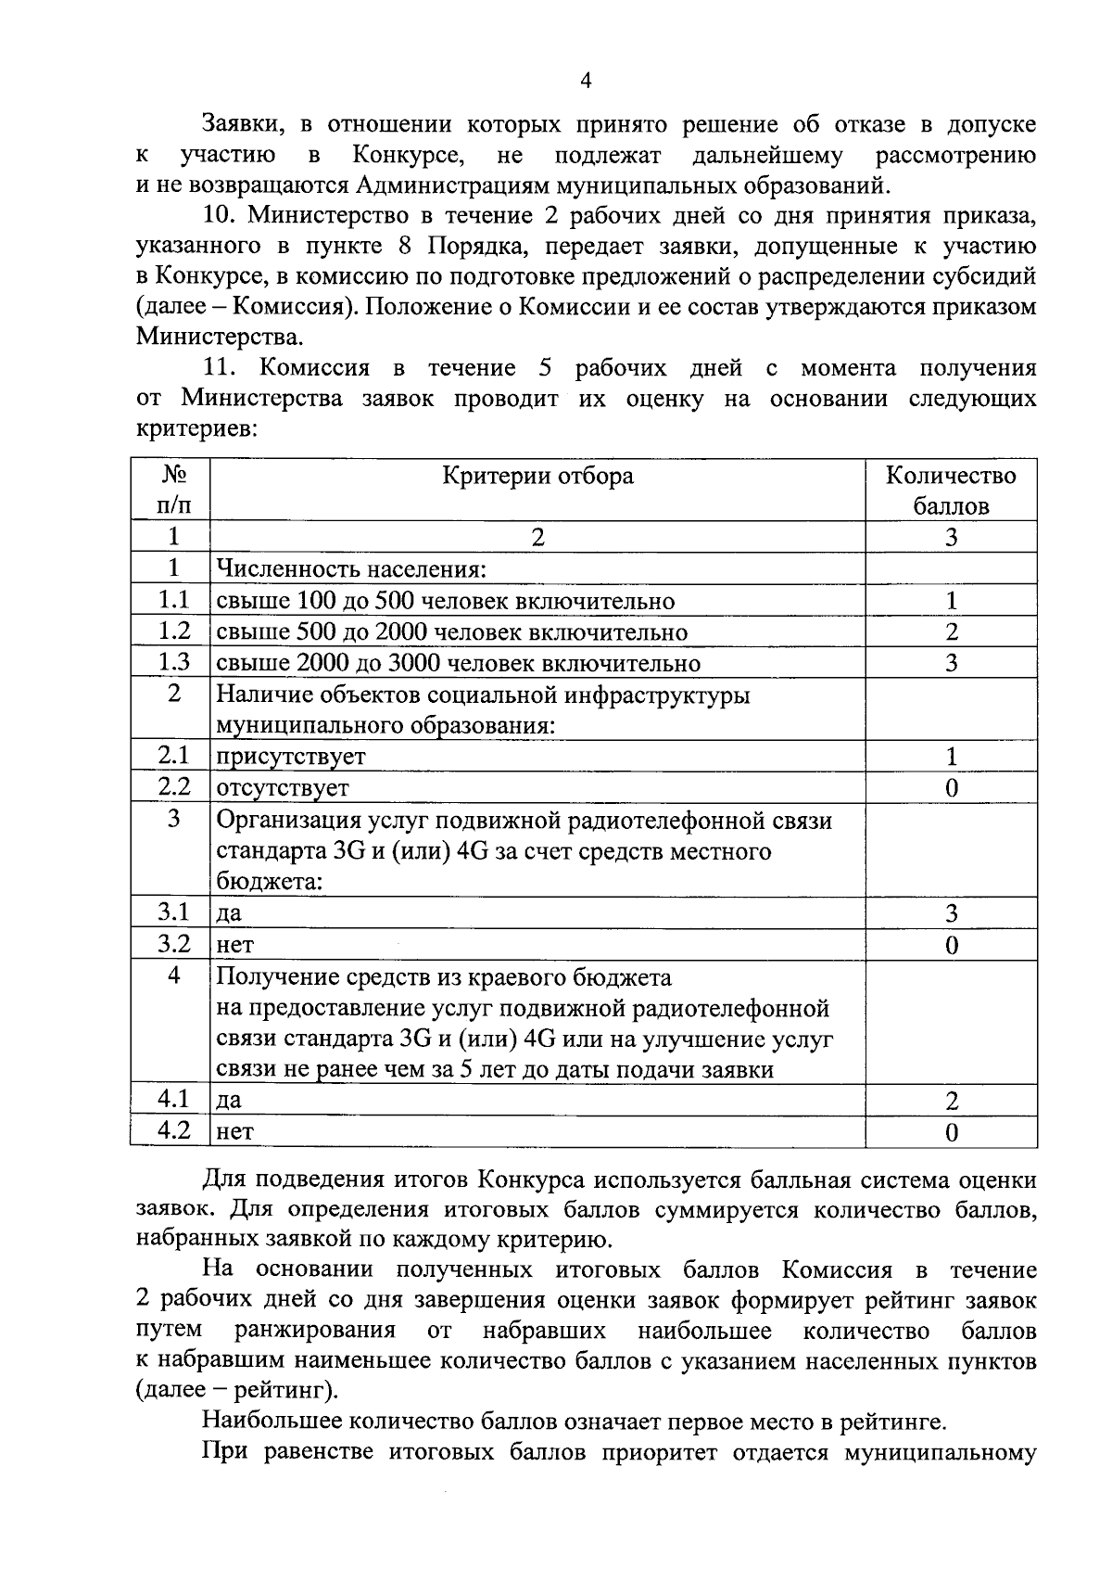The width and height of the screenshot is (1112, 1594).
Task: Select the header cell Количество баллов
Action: click(951, 491)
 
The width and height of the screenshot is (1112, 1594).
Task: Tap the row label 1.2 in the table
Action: click(173, 631)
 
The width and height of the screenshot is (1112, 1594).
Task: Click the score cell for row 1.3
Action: click(951, 663)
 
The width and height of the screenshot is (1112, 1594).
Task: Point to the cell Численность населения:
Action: click(352, 569)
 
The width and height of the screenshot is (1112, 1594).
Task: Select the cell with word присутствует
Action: click(291, 757)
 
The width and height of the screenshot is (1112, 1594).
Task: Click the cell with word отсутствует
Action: click(283, 788)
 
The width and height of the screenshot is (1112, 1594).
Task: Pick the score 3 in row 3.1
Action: click(951, 913)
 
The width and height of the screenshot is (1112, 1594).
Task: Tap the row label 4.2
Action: click(173, 1130)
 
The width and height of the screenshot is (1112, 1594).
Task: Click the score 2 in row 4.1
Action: click(951, 1101)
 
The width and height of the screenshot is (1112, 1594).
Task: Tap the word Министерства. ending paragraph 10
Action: click(219, 338)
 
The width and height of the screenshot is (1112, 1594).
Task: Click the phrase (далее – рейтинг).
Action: click(238, 1391)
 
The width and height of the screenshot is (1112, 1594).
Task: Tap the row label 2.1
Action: click(173, 757)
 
